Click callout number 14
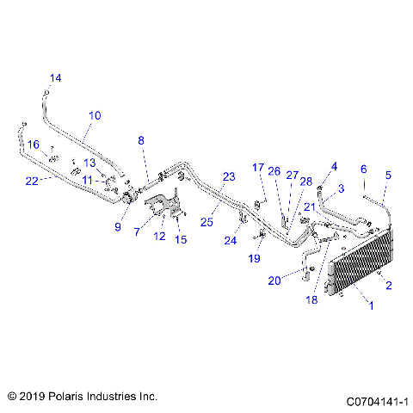(55, 78)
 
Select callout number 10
(95, 114)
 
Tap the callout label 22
(31, 181)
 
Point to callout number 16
(33, 144)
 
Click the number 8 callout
(142, 139)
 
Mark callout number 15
(181, 239)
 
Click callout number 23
(228, 176)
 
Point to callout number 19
(255, 257)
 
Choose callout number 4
(335, 166)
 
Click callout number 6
(364, 169)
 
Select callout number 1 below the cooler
(371, 305)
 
